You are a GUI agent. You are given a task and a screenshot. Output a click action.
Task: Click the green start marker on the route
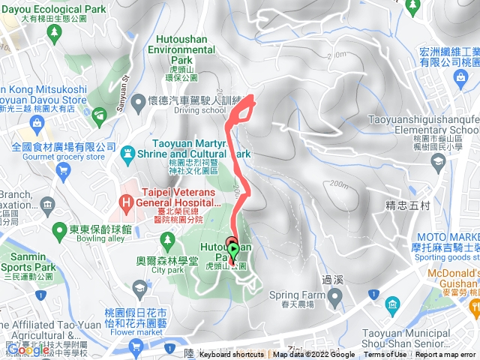[x=233, y=250]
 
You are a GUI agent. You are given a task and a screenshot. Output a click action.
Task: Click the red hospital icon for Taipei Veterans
[x=127, y=202]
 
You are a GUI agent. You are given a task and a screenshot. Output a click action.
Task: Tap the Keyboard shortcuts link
[x=232, y=355]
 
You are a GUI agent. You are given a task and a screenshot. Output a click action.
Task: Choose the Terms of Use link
[x=385, y=355]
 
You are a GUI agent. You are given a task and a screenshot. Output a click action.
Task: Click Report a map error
[x=447, y=355]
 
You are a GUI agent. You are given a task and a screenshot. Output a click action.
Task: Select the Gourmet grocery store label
[x=58, y=157]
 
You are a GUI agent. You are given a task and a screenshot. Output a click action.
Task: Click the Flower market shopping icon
[x=136, y=346]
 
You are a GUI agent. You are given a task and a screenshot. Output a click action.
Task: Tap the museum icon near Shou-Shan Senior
[x=393, y=303]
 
